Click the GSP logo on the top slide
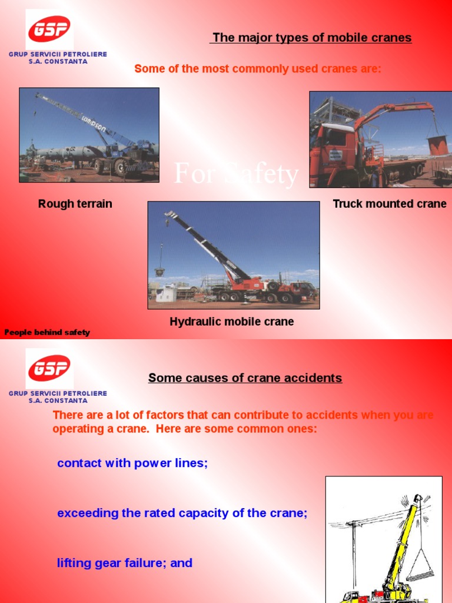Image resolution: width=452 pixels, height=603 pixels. tap(49, 29)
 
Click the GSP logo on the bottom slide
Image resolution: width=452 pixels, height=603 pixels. tap(49, 367)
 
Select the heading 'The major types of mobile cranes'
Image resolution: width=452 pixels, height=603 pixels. tap(312, 38)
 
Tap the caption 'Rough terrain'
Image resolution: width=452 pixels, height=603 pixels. tap(75, 204)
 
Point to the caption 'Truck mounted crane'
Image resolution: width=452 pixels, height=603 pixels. tap(390, 204)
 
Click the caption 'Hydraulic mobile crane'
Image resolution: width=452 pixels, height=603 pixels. tap(232, 322)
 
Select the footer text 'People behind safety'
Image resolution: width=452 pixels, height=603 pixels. tap(47, 332)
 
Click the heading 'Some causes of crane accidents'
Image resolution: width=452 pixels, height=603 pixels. tap(245, 378)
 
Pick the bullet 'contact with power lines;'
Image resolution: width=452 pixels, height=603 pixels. tap(132, 463)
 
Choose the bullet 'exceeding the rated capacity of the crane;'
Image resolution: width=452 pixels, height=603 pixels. tap(182, 513)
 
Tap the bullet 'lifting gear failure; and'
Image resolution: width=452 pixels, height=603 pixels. tap(125, 563)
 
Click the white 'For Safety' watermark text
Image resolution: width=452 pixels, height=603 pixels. tap(237, 175)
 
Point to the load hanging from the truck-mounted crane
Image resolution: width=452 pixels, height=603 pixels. tap(437, 145)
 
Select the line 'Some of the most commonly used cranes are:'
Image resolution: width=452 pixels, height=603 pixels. tap(258, 69)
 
